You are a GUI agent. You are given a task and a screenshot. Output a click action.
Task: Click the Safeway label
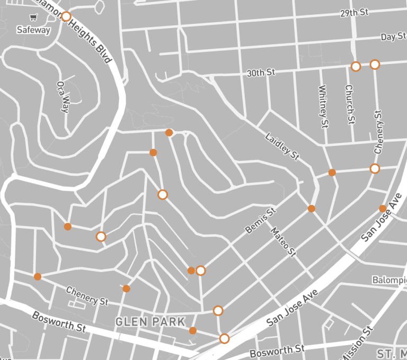[x=33, y=30]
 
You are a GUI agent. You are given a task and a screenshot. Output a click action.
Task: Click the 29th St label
[x=355, y=12]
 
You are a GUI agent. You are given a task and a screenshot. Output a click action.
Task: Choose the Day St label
[x=392, y=37]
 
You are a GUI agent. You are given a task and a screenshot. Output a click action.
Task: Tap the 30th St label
[x=261, y=73]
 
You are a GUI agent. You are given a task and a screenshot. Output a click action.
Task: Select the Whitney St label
[x=323, y=107]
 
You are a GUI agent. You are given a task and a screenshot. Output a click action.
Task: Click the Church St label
[x=349, y=105]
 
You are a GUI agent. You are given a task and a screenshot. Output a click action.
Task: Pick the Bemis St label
[x=261, y=221]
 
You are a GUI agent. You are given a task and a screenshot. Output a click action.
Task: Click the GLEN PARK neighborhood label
[x=151, y=321]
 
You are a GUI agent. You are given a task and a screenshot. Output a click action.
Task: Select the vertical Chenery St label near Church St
[x=377, y=132]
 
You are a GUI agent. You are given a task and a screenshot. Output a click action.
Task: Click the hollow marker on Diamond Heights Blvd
[x=66, y=17]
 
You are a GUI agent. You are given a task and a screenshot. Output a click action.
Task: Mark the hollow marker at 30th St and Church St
[x=356, y=66]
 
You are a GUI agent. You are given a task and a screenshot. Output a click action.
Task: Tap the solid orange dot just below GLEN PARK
[x=193, y=331]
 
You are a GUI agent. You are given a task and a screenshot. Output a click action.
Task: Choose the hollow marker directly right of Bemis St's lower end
[x=200, y=271]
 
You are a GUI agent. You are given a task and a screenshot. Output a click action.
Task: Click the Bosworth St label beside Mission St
[x=277, y=350]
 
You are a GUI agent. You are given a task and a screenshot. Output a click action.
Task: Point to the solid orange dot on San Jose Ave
[x=383, y=209]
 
